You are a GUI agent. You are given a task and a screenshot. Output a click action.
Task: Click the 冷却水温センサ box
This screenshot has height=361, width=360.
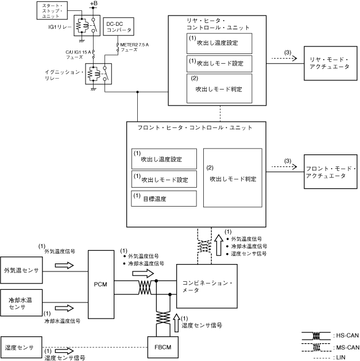pyautogui.click(x=22, y=304)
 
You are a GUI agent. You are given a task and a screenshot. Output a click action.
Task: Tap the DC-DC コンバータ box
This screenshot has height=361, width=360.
pyautogui.click(x=119, y=27)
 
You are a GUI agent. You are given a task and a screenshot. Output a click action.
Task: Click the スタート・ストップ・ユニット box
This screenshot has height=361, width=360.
pyautogui.click(x=52, y=10)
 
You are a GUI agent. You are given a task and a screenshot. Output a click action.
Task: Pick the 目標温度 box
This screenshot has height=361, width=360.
pyautogui.click(x=164, y=198)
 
